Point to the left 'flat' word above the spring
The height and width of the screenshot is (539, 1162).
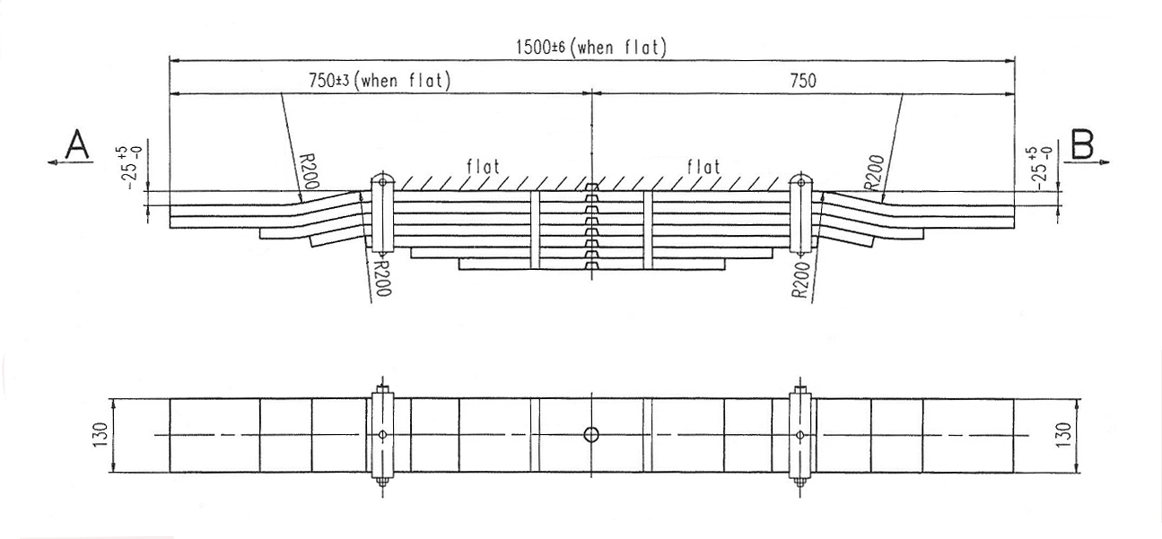click(x=482, y=166)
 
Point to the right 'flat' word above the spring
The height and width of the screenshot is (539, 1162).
click(x=703, y=166)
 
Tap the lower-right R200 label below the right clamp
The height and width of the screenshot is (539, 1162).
click(x=800, y=280)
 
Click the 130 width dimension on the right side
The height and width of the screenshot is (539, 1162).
click(x=1064, y=435)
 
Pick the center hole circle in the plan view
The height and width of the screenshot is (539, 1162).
click(x=591, y=435)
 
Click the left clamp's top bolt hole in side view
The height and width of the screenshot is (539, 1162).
click(x=382, y=181)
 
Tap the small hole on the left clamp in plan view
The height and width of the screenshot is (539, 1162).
click(x=382, y=435)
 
